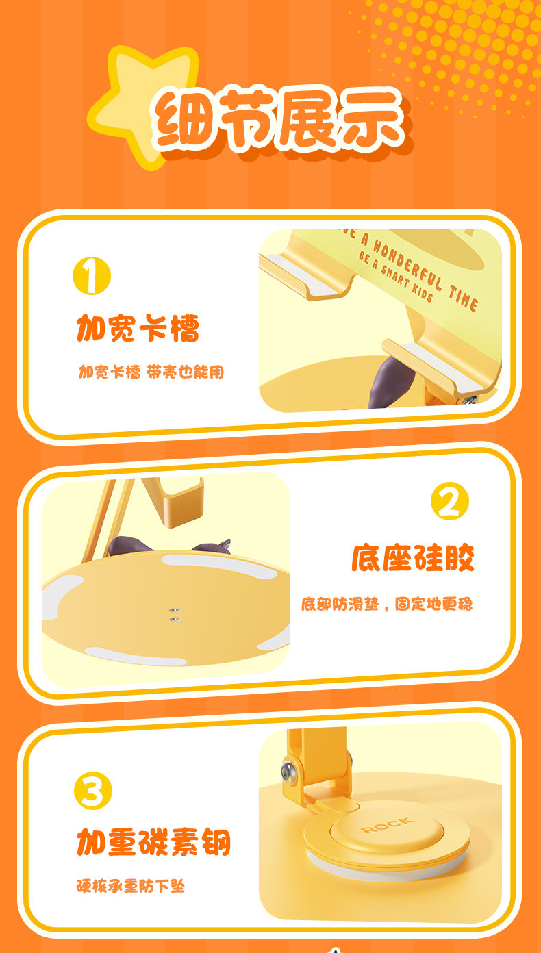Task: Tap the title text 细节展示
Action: point(279,119)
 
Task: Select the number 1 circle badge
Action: point(92,276)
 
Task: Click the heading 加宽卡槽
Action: point(138,328)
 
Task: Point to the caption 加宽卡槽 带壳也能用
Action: point(151,372)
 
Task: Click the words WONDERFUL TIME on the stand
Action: point(426,275)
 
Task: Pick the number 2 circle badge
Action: point(450,500)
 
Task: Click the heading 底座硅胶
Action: point(413,557)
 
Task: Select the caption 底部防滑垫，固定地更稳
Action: point(387,604)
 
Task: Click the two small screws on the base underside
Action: point(175,615)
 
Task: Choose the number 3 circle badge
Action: point(93,791)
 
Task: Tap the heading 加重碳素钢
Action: point(153,842)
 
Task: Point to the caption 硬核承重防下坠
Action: point(131,886)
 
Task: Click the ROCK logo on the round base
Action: point(388,824)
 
